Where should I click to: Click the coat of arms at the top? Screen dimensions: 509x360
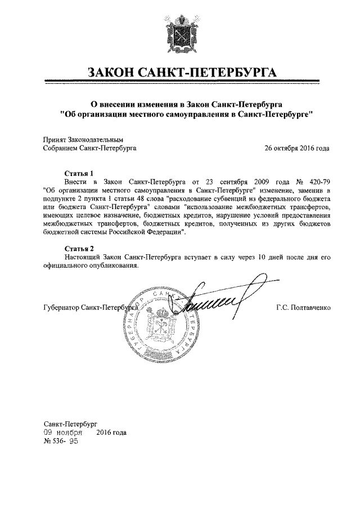coord(179,33)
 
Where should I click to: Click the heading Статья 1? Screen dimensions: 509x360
coord(78,174)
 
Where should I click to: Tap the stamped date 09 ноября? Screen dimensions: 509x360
coord(63,433)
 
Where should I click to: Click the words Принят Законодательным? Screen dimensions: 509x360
coord(83,139)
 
